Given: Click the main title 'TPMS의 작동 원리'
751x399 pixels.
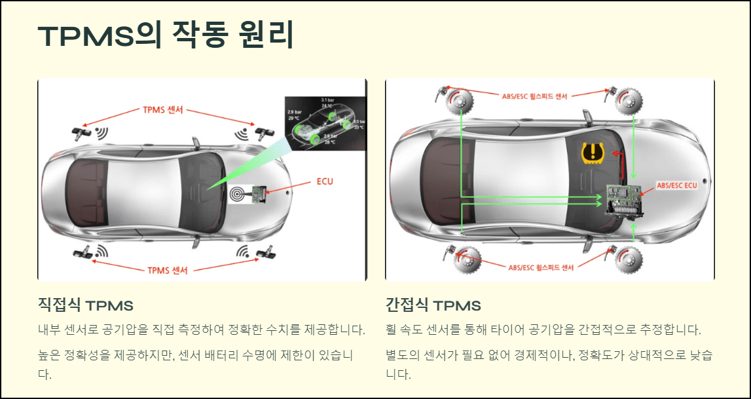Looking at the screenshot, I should (x=166, y=35).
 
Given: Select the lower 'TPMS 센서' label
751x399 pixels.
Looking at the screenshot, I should (x=167, y=270).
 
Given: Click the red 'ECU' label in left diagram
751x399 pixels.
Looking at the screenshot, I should (x=324, y=181).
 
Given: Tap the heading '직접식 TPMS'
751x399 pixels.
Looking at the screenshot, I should (x=86, y=305).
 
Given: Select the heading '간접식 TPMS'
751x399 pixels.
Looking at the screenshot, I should (x=433, y=305).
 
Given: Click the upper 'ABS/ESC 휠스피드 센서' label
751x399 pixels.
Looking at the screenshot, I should (x=535, y=96).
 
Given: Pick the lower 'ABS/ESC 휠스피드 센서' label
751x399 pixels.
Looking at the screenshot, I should (x=541, y=267).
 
